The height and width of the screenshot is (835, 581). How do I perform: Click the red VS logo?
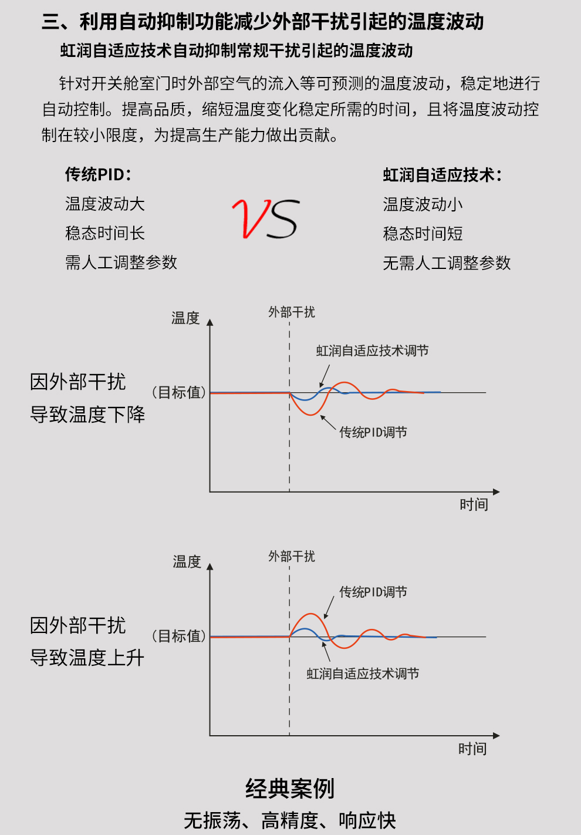(x=265, y=219)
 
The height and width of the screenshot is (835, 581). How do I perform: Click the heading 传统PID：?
(x=98, y=174)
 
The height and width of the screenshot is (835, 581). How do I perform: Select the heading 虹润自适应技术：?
(x=442, y=175)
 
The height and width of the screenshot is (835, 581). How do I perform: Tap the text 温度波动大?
(x=105, y=204)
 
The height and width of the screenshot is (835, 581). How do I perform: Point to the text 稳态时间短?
(x=423, y=234)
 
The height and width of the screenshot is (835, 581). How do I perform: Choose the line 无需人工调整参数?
(x=447, y=263)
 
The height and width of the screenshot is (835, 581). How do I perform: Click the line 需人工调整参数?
(x=121, y=262)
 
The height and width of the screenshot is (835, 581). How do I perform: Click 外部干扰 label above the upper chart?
(x=292, y=312)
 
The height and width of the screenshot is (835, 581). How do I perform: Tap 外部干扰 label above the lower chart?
(x=292, y=556)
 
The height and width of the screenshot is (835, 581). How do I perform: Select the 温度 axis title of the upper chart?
(x=185, y=318)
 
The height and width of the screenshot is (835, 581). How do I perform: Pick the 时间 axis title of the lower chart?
(x=472, y=749)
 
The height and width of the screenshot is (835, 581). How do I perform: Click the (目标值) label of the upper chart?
(x=179, y=392)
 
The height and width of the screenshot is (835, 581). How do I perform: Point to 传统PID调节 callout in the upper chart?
(x=373, y=433)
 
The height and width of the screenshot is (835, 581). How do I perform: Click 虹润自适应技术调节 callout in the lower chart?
(x=363, y=674)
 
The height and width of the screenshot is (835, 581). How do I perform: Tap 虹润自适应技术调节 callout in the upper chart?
(x=372, y=351)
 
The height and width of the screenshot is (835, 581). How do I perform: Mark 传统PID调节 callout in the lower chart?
(x=373, y=592)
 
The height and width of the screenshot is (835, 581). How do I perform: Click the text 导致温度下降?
(x=87, y=415)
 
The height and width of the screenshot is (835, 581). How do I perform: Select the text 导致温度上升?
(x=87, y=658)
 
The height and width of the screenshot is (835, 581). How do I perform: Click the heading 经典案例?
(x=290, y=789)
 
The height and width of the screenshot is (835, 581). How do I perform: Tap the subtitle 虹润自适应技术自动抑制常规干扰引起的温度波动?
(x=237, y=51)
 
